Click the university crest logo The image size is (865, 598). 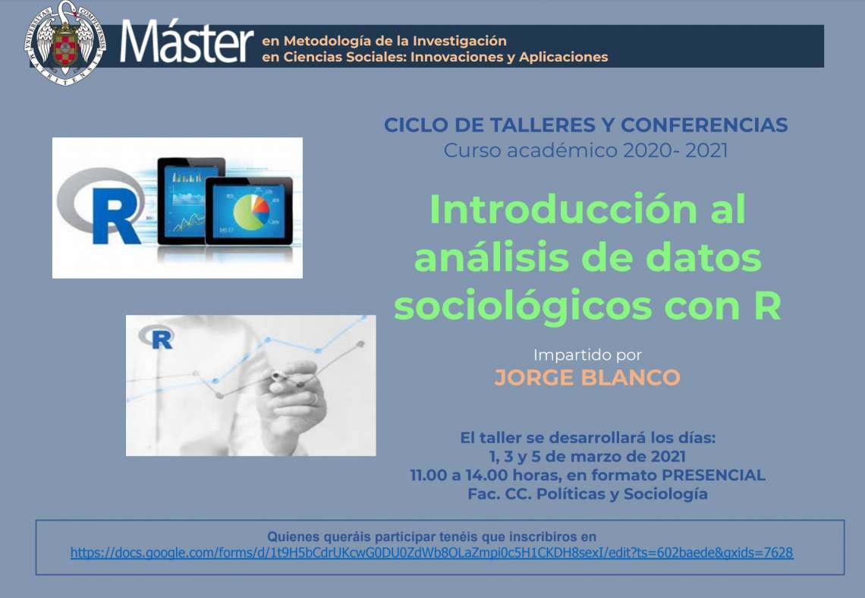click(x=64, y=42)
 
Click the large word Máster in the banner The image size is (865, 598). click(x=187, y=42)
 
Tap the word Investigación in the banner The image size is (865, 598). click(x=460, y=42)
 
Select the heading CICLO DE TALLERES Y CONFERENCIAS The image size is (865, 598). click(x=586, y=125)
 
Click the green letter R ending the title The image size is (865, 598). click(x=767, y=305)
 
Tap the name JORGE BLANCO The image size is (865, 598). click(x=587, y=378)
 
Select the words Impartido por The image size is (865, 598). click(x=587, y=354)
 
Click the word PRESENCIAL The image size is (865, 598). click(x=713, y=475)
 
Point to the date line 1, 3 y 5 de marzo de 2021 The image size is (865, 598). click(x=587, y=456)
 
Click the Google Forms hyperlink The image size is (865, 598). click(x=432, y=552)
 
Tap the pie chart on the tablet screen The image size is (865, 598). click(x=252, y=211)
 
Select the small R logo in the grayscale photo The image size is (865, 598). click(x=156, y=336)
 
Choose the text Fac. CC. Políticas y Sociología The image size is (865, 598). click(x=587, y=494)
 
